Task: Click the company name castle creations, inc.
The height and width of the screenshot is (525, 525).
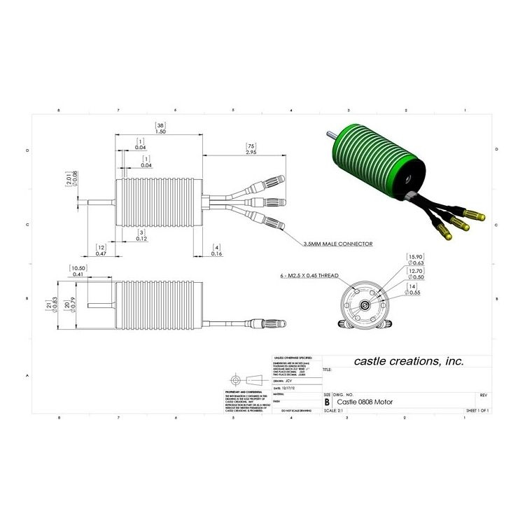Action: [408, 361]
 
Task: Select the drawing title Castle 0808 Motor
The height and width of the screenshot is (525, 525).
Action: [365, 402]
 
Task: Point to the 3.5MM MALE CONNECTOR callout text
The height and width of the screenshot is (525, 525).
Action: [337, 244]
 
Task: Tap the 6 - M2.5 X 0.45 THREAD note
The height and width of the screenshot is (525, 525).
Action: [304, 276]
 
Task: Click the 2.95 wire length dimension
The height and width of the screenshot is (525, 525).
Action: [251, 152]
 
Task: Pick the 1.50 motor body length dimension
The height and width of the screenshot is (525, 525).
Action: [160, 132]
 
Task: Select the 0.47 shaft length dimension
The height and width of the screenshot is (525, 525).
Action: [101, 254]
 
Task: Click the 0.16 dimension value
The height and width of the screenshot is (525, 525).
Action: [218, 254]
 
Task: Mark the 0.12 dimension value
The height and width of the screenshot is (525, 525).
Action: [141, 239]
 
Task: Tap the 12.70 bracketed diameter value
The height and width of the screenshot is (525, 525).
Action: [416, 271]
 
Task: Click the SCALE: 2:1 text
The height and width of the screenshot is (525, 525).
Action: [334, 411]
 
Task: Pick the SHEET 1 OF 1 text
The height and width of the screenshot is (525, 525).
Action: [477, 411]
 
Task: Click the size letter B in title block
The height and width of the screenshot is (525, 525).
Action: [327, 402]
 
